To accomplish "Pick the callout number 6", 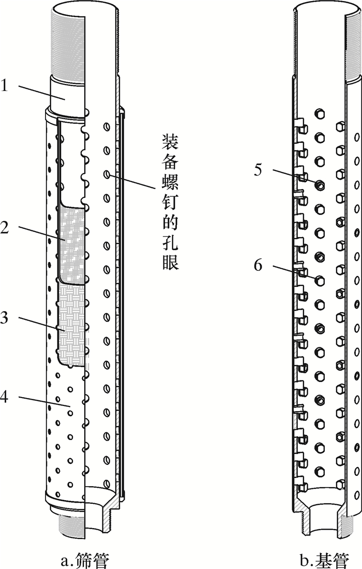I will [x=259, y=266].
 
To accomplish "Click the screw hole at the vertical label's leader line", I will [x=107, y=175].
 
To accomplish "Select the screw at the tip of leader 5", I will [x=320, y=184].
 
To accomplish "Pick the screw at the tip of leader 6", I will [x=320, y=280].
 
